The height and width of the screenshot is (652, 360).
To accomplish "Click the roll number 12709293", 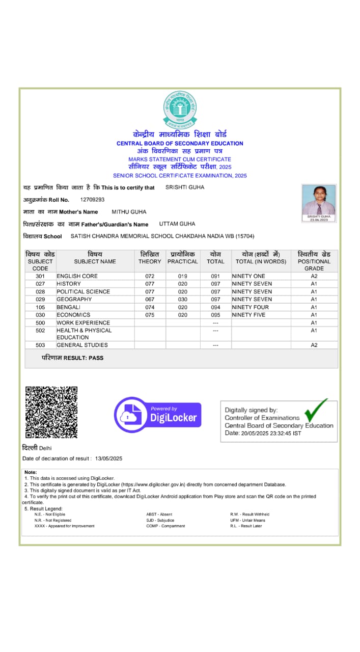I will coord(92,200).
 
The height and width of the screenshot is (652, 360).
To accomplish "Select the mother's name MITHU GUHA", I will coord(129,212).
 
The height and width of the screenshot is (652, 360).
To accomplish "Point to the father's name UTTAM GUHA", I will coord(177,224).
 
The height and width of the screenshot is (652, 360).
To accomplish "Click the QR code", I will coord(51,412).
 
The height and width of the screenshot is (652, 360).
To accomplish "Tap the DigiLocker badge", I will coord(157,415).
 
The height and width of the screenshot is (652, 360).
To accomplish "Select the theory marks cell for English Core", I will coord(150,276).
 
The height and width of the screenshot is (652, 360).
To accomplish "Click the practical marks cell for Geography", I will coord(182,300).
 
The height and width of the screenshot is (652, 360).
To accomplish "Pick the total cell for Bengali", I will coord(215,307).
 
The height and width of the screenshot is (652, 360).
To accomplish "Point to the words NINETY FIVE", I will coord(248,315).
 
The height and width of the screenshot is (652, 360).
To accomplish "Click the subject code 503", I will coord(40,345).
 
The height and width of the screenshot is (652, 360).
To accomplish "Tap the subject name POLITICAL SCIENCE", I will coord(83,291).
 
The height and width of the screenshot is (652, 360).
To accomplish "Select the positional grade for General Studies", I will coord(314,345).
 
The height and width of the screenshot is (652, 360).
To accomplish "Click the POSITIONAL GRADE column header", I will coord(314,261).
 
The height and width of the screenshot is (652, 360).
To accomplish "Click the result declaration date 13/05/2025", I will coord(108,458).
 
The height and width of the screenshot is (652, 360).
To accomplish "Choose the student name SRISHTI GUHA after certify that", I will coord(185,187).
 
